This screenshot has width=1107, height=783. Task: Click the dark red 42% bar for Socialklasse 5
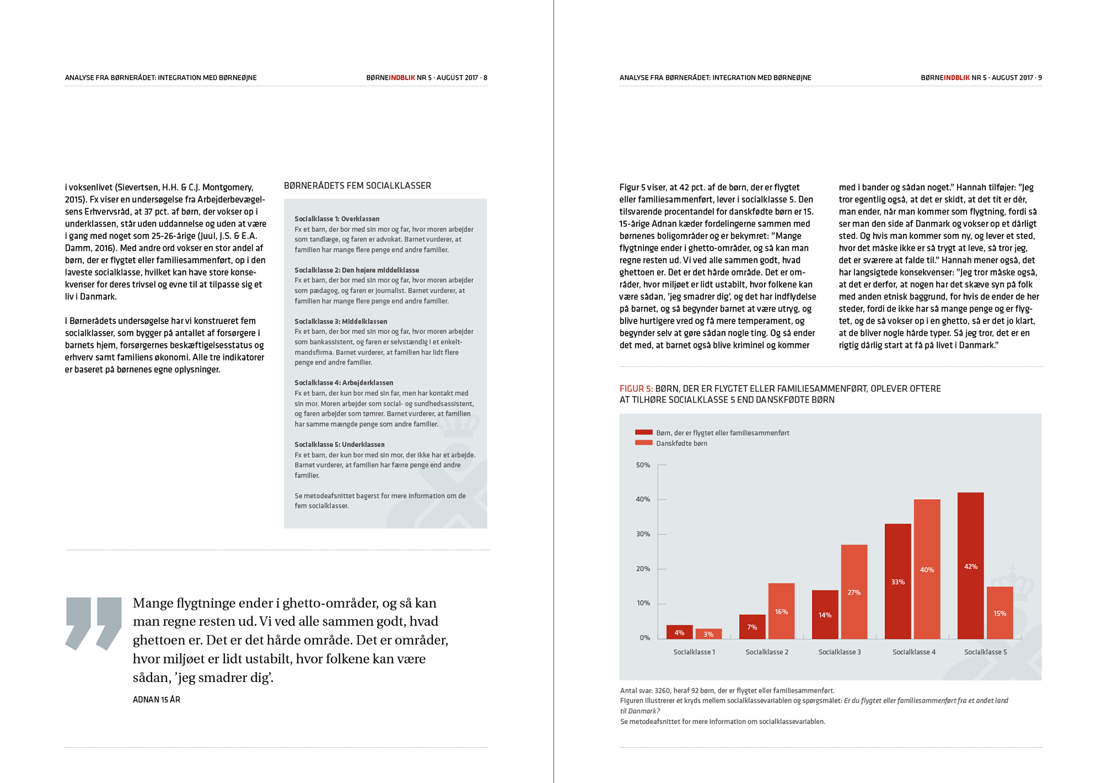pos(970,565)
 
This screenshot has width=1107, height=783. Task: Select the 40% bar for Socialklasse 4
pos(927,569)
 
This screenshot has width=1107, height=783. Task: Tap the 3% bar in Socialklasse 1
pos(709,634)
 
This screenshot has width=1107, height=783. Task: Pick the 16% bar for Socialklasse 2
pos(781,611)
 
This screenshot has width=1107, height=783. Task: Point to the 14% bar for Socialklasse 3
pos(825,615)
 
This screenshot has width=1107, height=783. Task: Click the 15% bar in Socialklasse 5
pos(1000,613)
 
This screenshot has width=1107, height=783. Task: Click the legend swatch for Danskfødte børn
pos(643,443)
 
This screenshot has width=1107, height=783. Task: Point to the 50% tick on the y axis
pos(643,465)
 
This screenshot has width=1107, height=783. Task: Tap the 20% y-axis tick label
pos(643,569)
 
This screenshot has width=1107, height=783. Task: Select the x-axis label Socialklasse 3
pos(839,652)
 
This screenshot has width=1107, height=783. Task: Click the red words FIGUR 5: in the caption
pos(636,389)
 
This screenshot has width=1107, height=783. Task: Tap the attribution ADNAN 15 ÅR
pos(156,700)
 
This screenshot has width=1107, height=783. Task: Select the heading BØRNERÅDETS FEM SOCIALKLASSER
pos(357,186)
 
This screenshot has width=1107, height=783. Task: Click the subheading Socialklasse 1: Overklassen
pos(337,219)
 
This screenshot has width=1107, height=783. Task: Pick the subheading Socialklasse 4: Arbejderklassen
pos(344,383)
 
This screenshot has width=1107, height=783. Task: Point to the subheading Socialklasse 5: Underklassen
pos(339,444)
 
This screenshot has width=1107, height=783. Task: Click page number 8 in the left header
pos(485,78)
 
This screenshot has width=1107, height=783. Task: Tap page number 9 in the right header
pos(1040,78)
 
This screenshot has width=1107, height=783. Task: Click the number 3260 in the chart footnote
pos(662,691)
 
